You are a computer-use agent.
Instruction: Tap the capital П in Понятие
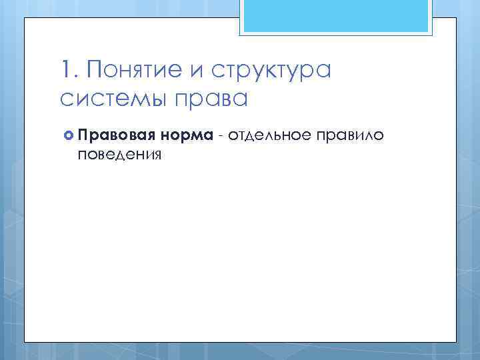click(93, 70)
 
